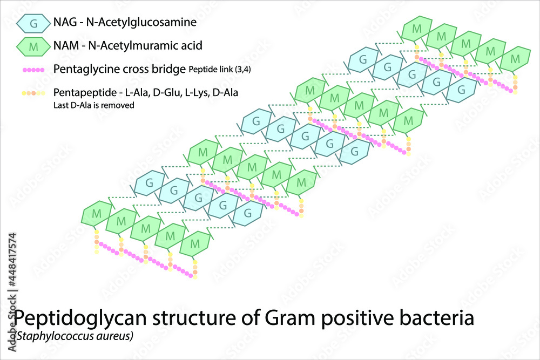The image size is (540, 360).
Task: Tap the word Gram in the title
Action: tap(292, 318)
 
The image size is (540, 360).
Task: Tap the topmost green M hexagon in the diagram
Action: tap(416, 28)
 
